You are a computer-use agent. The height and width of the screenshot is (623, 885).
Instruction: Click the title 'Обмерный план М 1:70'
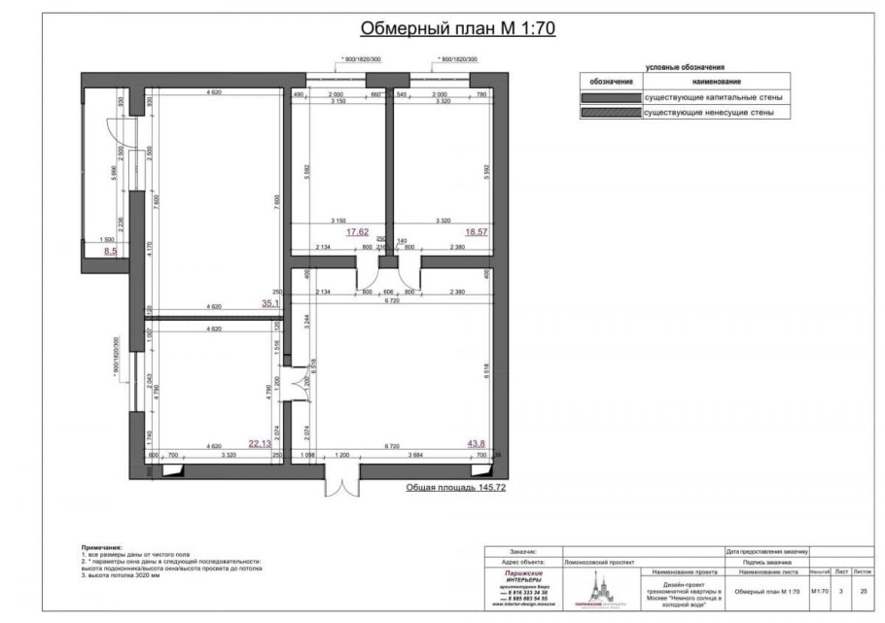457,28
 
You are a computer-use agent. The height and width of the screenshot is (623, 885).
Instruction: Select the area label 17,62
359,233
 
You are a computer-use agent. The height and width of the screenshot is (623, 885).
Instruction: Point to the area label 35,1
270,304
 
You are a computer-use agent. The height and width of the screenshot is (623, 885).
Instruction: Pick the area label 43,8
477,443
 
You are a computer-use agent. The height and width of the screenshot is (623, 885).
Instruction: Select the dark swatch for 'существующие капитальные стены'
610,98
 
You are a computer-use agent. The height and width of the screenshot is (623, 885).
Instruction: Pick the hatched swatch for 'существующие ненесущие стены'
610,114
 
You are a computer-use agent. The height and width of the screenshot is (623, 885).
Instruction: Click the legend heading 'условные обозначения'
685,68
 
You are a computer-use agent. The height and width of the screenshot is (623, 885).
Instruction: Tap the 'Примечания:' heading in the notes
102,547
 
